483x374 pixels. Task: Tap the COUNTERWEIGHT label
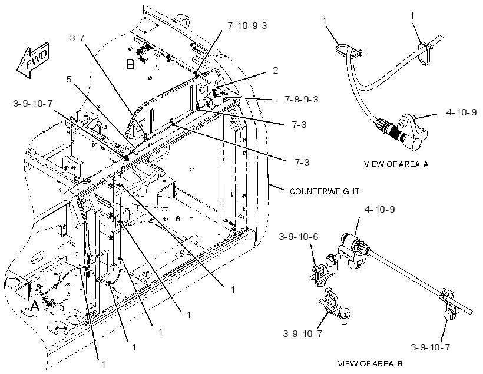[x=325, y=191]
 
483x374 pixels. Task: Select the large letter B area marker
[x=130, y=65]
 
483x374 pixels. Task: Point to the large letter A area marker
[x=35, y=306]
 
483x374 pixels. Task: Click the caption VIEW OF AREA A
[x=396, y=164]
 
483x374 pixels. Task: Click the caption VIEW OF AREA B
[x=370, y=363]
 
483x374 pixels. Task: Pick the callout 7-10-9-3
[x=247, y=25]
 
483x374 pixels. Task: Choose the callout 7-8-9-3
[x=302, y=99]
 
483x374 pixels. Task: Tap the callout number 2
[x=276, y=71]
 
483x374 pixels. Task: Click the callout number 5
[x=69, y=79]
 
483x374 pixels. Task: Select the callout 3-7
[x=77, y=38]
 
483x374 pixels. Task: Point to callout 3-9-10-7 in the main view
[x=33, y=104]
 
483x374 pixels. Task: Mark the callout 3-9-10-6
[x=299, y=237]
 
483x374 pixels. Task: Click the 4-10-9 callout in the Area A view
[x=461, y=112]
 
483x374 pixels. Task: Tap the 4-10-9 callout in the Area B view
[x=379, y=210]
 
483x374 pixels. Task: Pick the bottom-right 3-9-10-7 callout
[x=431, y=347]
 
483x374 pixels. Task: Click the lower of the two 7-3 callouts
[x=302, y=162]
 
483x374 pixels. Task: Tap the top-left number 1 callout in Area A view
[x=324, y=21]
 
